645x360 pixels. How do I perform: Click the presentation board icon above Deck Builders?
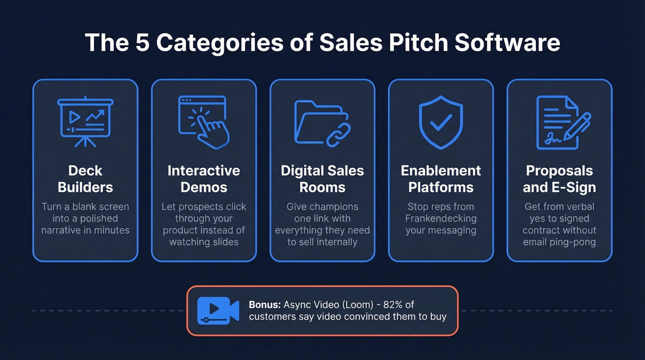[x=85, y=120]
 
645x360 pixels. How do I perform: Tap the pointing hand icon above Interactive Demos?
[x=204, y=122]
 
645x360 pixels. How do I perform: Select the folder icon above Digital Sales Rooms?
[x=322, y=122]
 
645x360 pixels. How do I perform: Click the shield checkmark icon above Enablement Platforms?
[x=441, y=122]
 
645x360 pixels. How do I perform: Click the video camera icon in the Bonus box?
[x=218, y=310]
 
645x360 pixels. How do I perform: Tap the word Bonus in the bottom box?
[x=264, y=305]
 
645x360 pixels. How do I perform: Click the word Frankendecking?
[x=441, y=218]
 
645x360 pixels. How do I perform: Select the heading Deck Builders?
[x=85, y=179]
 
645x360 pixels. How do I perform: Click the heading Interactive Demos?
[x=204, y=179]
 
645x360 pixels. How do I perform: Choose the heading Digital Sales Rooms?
[x=322, y=179]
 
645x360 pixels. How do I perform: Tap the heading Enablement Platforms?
[x=441, y=179]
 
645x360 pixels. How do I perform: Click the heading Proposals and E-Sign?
[x=559, y=179]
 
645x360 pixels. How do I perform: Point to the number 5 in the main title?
[x=140, y=42]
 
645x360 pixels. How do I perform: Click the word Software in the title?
[x=507, y=42]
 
